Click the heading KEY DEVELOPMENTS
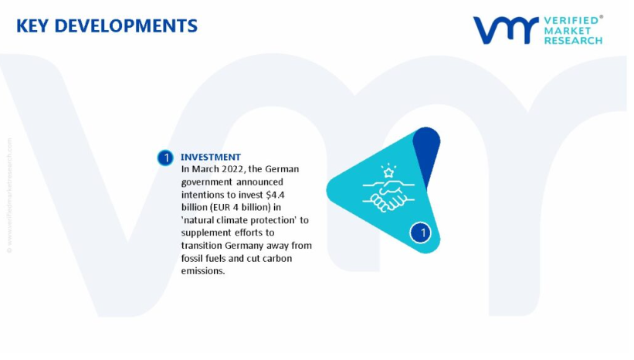coord(107,26)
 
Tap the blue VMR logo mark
coord(507,30)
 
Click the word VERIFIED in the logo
coord(571,21)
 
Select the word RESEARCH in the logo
coord(573,40)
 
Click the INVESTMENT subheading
coord(211,157)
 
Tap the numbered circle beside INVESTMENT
coord(165,158)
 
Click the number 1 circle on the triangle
coord(421,233)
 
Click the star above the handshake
coord(388,173)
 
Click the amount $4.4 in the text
coord(276,195)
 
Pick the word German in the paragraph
coord(282,169)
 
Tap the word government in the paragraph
coord(207,182)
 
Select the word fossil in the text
coord(192,258)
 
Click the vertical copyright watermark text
coord(9,195)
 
